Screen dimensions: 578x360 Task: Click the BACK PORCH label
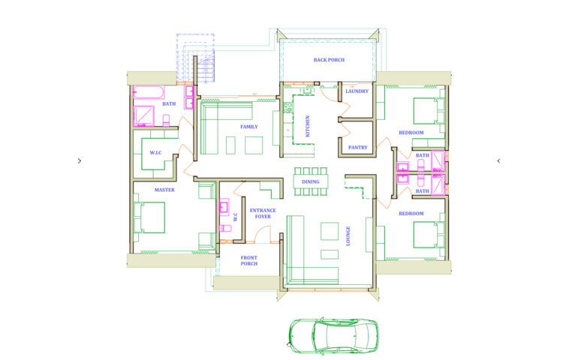[329, 60]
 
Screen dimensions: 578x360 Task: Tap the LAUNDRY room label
[357, 91]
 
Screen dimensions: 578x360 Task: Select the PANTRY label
[358, 148]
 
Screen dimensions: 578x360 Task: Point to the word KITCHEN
[308, 126]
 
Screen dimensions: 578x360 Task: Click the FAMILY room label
[249, 127]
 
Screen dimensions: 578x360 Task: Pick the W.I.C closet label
[155, 152]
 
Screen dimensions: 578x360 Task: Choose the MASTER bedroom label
[164, 190]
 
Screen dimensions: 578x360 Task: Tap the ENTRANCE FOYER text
[263, 213]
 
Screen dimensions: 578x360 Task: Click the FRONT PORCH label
[249, 260]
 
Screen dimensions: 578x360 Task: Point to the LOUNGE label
[348, 235]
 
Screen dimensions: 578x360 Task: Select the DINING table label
[310, 181]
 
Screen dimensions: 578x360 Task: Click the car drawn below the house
[333, 336]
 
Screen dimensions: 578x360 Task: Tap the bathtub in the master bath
[149, 92]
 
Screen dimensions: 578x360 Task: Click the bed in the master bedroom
[149, 217]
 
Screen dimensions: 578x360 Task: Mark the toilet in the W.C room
[225, 229]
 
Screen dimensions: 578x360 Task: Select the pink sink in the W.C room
[224, 207]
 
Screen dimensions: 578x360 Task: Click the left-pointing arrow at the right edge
[498, 160]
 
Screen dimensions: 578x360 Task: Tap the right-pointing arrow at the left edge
[80, 160]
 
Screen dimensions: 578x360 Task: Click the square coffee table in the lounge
[330, 231]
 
